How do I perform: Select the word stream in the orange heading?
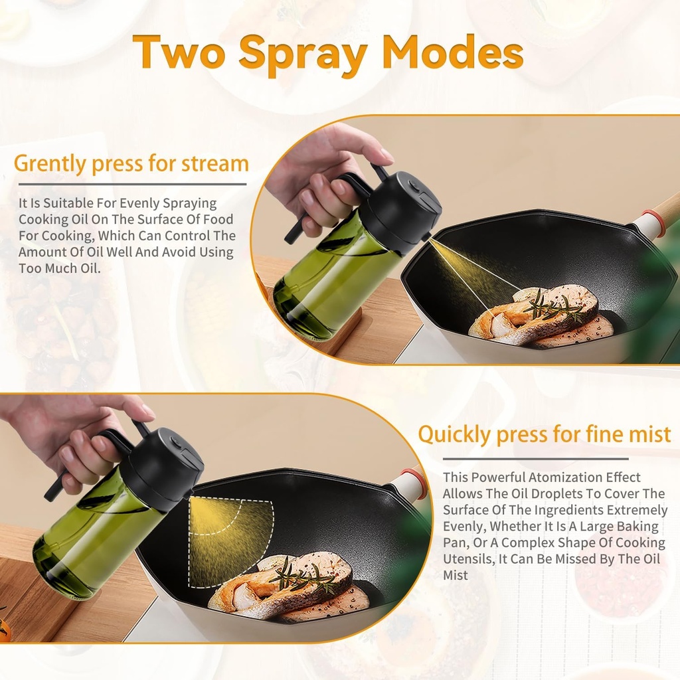(214, 163)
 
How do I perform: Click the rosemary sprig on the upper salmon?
(555, 307)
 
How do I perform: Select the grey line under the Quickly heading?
(535, 458)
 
